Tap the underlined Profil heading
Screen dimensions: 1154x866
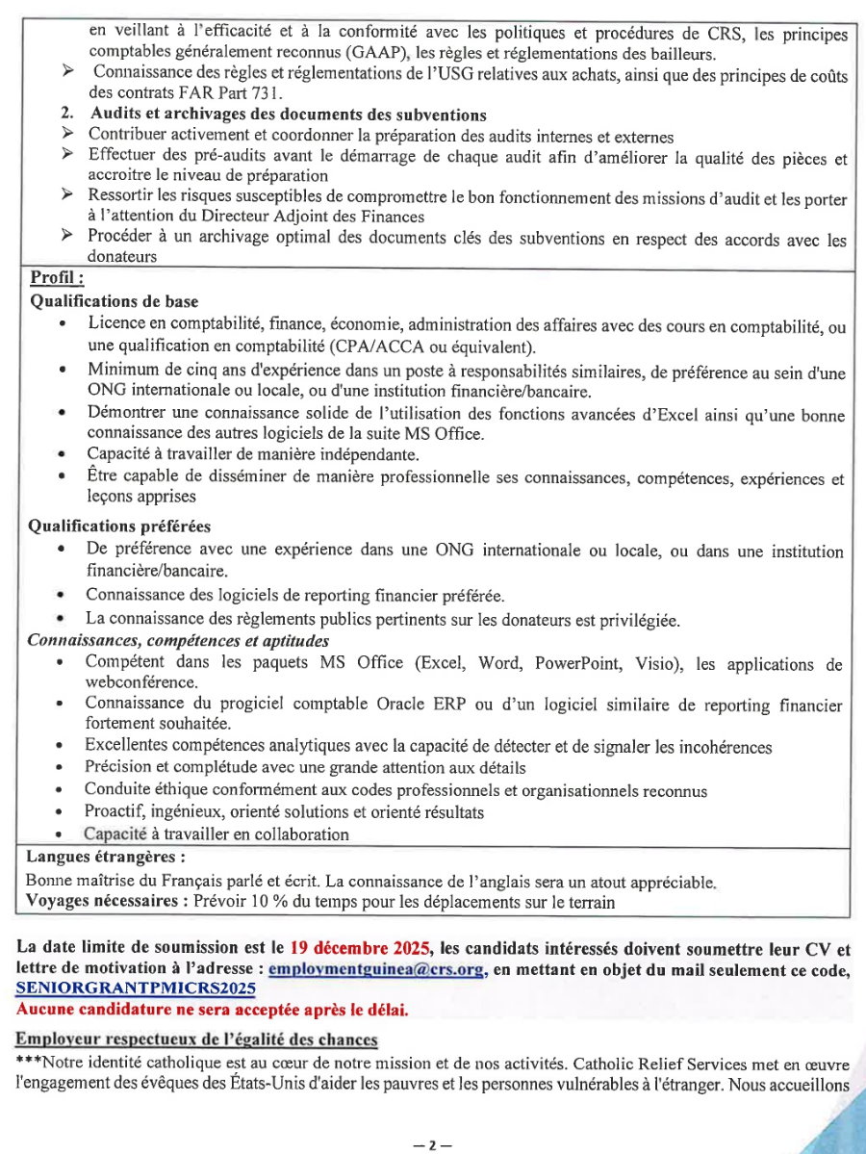(x=57, y=279)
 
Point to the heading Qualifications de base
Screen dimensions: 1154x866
(x=115, y=301)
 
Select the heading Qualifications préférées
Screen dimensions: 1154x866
(x=119, y=526)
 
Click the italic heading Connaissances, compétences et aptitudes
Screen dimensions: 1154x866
(x=178, y=640)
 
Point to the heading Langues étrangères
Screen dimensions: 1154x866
(x=106, y=856)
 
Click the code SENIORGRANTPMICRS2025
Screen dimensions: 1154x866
(x=135, y=989)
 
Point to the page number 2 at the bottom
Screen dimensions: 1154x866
(x=432, y=1145)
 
